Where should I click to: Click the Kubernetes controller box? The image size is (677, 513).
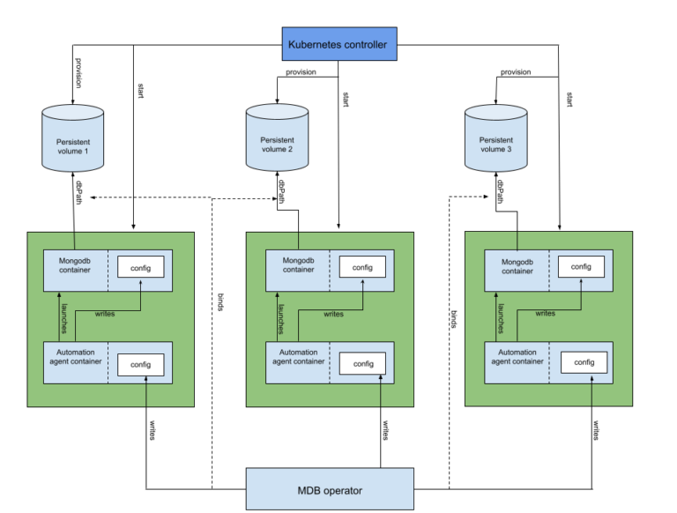click(338, 44)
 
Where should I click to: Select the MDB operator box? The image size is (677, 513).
click(329, 489)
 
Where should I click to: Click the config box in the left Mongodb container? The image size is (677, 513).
click(141, 267)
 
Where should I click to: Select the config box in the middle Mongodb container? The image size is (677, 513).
click(362, 267)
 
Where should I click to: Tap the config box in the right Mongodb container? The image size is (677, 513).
click(581, 266)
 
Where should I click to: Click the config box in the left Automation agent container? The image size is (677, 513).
click(141, 364)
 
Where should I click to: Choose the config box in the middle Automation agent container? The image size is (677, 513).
click(362, 363)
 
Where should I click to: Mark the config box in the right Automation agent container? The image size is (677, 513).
click(584, 362)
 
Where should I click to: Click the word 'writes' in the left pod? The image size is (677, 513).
click(105, 315)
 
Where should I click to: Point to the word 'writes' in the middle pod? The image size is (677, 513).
click(333, 314)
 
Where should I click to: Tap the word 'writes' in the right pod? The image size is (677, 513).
click(545, 313)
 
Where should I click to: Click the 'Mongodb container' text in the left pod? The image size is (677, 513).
click(77, 265)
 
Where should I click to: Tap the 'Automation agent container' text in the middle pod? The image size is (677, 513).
click(297, 356)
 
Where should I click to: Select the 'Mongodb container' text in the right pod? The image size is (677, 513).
click(517, 265)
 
